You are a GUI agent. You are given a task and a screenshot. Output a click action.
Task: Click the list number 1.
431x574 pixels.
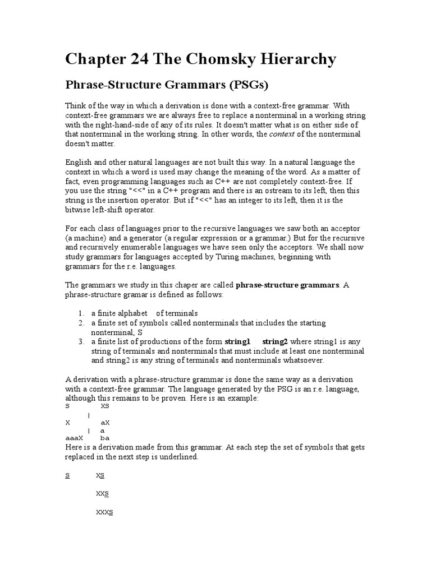[x=81, y=313]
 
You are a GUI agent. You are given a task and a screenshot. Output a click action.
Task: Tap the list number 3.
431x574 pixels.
[x=81, y=341]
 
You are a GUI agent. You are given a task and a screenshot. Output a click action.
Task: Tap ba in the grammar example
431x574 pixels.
[x=104, y=438]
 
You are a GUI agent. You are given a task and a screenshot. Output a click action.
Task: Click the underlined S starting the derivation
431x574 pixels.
[x=67, y=475]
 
